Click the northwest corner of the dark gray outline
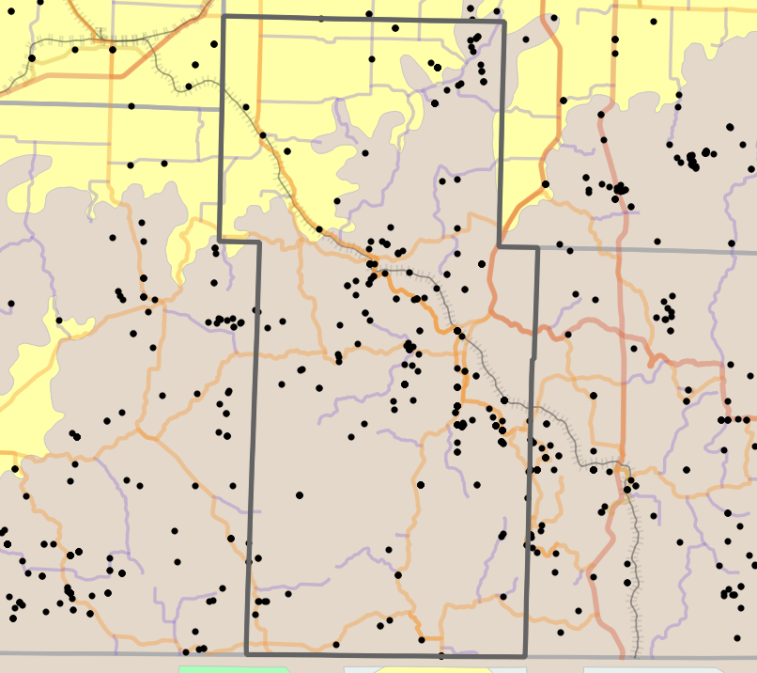tap(224, 17)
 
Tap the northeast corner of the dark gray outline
tap(504, 22)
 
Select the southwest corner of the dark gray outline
tap(246, 654)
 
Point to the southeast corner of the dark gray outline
tap(525, 656)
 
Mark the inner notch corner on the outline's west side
tap(258, 242)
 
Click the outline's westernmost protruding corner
tap(219, 239)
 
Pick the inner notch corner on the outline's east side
tap(498, 247)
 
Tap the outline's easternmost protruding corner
tap(538, 248)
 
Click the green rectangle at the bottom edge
tap(233, 669)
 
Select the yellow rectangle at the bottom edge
tap(434, 670)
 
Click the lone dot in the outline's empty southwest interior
tap(300, 494)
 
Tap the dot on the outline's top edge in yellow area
tap(320, 18)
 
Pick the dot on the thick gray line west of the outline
tap(131, 106)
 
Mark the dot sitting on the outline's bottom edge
tap(441, 655)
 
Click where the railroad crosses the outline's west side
tap(224, 86)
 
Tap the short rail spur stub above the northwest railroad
tap(100, 32)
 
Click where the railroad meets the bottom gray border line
tap(636, 655)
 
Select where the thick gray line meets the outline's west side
tap(223, 108)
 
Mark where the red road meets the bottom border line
tap(622, 655)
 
